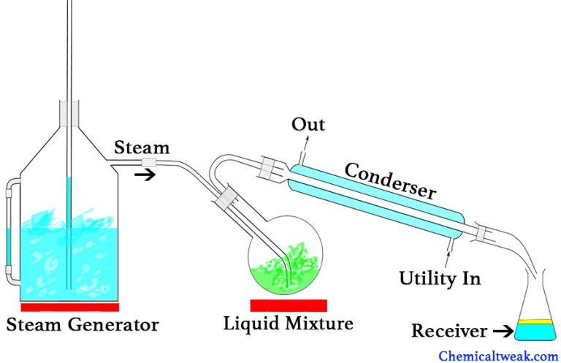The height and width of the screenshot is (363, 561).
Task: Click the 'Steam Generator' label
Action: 82,323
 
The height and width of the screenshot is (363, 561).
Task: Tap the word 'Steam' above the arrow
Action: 142,148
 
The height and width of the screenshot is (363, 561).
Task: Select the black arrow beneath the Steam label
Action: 146,175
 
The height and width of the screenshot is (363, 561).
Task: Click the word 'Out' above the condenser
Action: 308,124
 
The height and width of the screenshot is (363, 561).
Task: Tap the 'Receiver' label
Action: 449,332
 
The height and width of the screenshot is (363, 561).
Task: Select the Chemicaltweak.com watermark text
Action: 498,356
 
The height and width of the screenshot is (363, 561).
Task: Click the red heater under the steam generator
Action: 69,306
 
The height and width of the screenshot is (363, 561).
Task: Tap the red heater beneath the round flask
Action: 288,305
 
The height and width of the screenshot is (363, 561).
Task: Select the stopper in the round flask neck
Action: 227,198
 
